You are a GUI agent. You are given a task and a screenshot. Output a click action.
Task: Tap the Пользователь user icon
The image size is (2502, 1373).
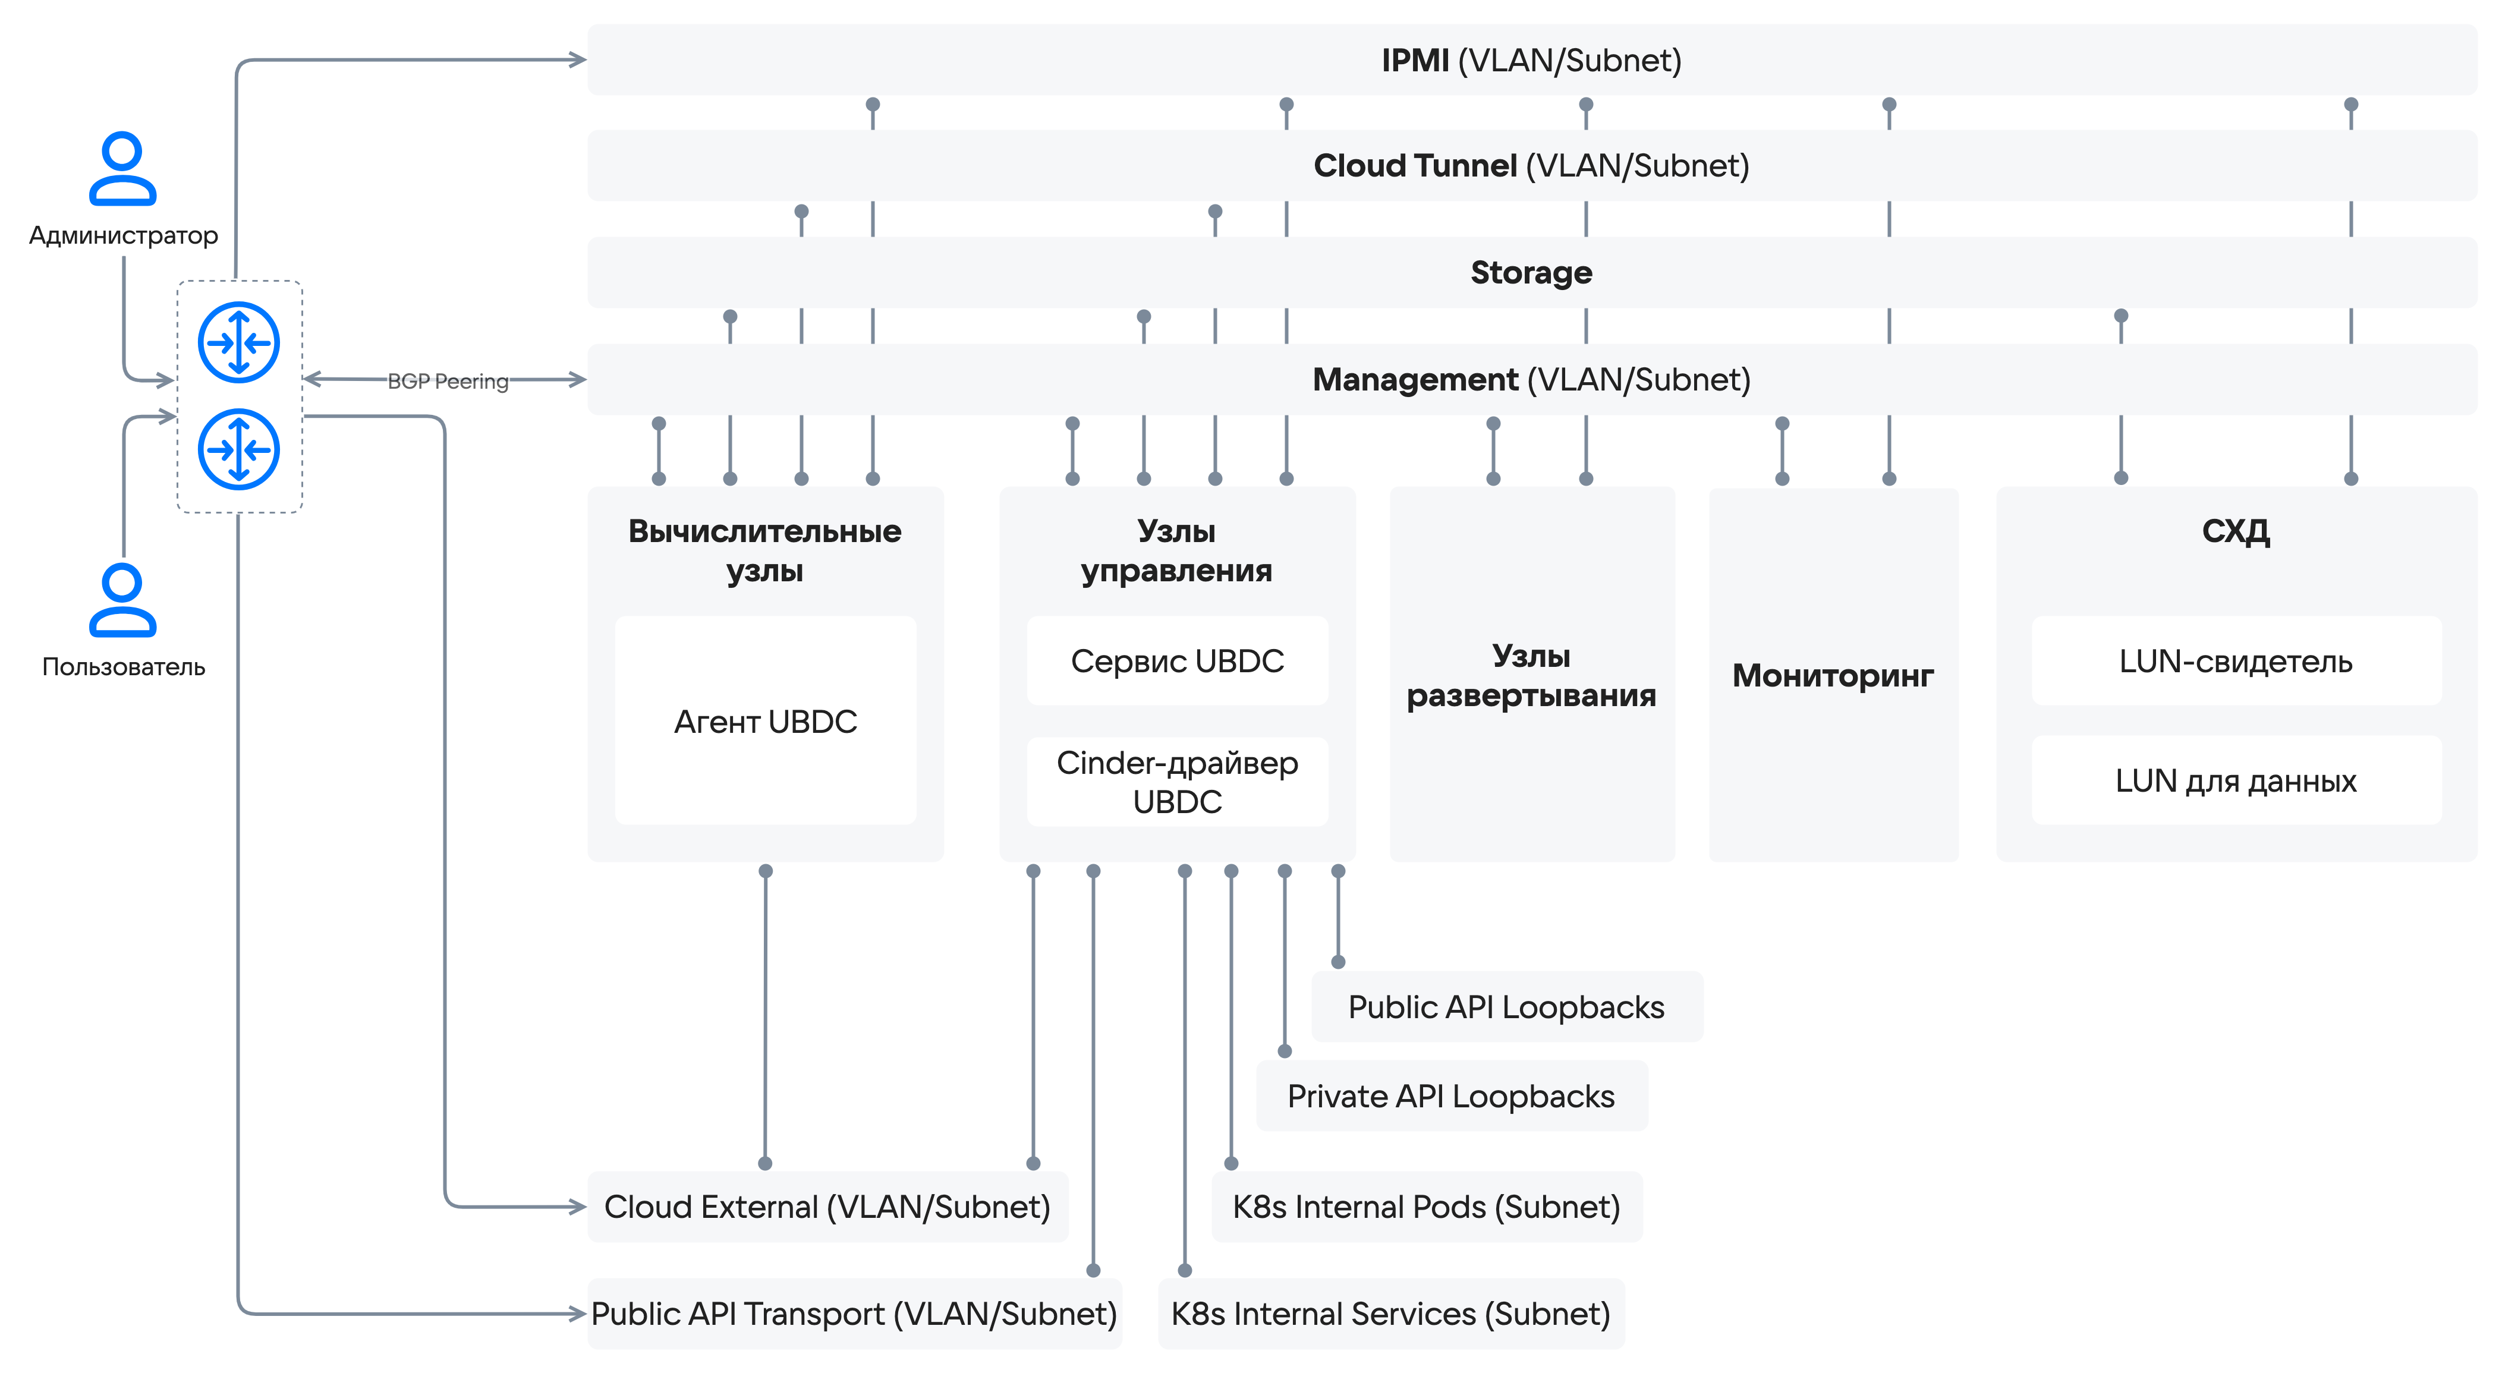pos(122,600)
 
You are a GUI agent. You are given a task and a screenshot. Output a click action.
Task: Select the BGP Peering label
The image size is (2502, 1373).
pos(448,380)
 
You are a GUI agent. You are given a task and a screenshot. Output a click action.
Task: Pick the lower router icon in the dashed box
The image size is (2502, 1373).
pos(239,449)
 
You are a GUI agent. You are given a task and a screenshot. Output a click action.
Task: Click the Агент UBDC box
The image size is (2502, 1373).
pos(766,720)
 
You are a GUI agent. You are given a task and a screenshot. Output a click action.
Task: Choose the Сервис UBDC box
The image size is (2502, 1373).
pos(1177,660)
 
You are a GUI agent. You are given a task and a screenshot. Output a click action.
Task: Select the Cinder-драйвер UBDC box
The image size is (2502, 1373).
pos(1177,782)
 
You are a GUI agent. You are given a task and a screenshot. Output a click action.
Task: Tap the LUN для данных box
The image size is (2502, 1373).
pos(2236,780)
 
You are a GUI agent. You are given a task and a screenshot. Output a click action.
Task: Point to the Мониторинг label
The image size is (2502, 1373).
pos(1833,675)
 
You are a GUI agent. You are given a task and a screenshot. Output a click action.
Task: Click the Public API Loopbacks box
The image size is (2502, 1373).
pos(1506,1007)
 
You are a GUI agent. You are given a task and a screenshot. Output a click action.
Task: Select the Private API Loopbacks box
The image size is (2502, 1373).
pos(1451,1096)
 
